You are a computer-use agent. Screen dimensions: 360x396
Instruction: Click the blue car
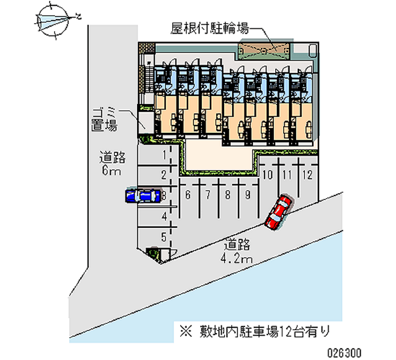click(x=143, y=196)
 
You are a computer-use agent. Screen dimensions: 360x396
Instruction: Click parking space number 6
click(x=188, y=195)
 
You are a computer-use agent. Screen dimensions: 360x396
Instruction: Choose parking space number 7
click(x=208, y=195)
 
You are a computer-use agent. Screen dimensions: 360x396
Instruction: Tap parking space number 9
click(x=247, y=195)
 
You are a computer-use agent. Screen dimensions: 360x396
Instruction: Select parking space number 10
click(x=268, y=174)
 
